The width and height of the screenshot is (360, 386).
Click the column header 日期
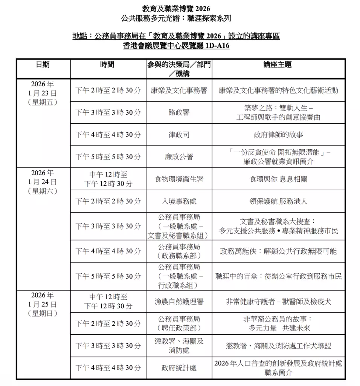(x=43, y=65)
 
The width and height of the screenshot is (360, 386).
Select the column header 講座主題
(x=278, y=65)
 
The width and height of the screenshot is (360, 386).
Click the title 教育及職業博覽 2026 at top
(x=176, y=9)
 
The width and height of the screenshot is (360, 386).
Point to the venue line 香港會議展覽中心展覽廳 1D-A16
(x=176, y=46)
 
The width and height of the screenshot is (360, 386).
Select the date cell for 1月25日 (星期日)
(x=43, y=304)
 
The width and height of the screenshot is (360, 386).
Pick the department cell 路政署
(x=179, y=112)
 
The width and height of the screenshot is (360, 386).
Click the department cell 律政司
(x=179, y=135)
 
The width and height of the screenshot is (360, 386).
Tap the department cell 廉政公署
(x=179, y=157)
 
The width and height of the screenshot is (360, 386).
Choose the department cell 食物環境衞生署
(x=179, y=179)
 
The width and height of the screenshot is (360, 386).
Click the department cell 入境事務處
(x=179, y=201)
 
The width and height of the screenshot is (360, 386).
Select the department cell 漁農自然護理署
(x=179, y=302)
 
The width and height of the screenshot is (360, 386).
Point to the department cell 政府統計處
(x=179, y=368)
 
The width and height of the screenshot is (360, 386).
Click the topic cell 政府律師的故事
(x=278, y=135)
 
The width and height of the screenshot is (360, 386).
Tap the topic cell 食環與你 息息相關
(x=278, y=179)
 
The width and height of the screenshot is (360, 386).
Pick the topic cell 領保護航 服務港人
(x=278, y=201)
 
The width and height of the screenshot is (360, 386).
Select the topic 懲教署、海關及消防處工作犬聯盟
(x=278, y=346)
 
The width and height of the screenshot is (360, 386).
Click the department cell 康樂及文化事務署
(x=179, y=90)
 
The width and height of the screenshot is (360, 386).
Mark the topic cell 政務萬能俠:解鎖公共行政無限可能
(x=278, y=251)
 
